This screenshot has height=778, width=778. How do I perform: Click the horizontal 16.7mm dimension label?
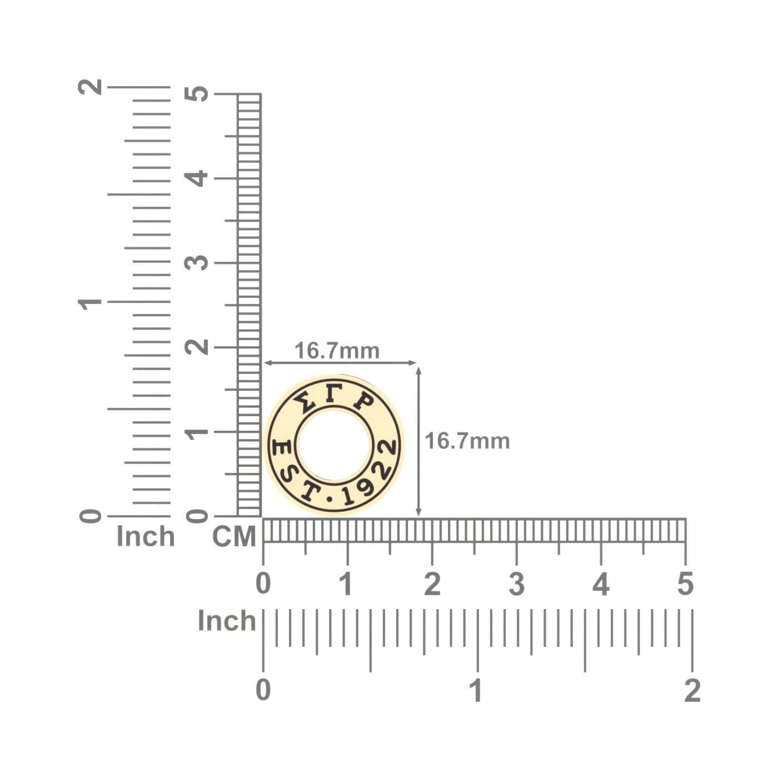[x=337, y=351]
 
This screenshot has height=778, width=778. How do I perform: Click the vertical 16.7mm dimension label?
[x=467, y=441]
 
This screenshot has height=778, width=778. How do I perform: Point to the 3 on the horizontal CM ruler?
[x=516, y=584]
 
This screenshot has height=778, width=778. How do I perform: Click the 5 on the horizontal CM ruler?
[x=685, y=584]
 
